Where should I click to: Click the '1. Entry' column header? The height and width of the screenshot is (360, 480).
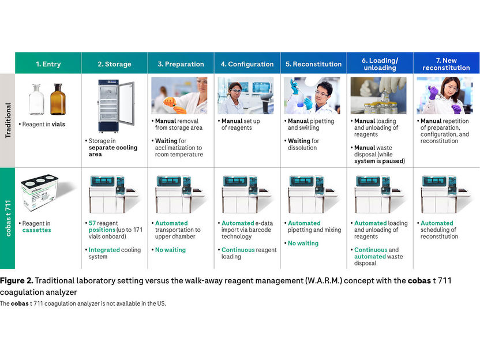coord(48,63)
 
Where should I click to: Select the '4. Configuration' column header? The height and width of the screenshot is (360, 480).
coord(247,63)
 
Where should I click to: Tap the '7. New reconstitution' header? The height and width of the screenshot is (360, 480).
coord(446,63)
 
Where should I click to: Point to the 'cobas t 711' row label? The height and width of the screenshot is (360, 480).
coord(7,217)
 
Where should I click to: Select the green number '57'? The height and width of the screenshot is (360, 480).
coord(92,223)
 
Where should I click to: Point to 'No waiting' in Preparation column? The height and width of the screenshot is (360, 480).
coord(170,250)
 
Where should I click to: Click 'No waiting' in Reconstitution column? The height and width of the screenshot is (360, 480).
coord(303,243)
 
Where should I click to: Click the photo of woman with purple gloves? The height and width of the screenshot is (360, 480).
coord(445,96)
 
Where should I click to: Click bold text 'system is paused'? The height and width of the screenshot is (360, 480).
coord(380,161)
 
